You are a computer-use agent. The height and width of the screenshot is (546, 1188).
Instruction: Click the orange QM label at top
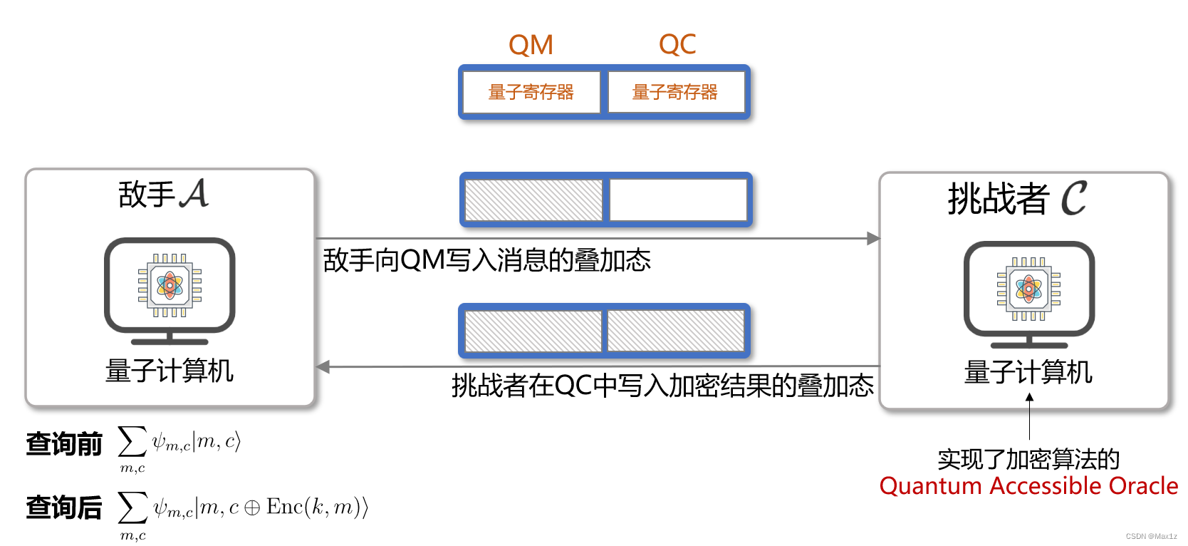[x=531, y=45]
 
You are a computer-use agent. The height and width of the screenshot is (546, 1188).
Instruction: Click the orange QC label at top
[x=677, y=45]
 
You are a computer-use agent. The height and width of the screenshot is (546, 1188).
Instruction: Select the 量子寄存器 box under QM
[x=531, y=93]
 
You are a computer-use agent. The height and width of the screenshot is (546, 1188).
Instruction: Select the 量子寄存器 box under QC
[x=675, y=93]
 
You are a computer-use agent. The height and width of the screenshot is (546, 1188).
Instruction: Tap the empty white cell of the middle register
[x=677, y=200]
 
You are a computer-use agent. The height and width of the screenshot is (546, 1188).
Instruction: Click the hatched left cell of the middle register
[x=533, y=200]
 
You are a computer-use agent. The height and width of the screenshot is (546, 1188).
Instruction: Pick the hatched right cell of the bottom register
[x=675, y=331]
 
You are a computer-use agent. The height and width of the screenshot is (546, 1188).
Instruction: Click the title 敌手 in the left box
[x=146, y=195]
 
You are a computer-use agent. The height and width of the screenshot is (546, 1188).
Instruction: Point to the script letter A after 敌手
[x=194, y=194]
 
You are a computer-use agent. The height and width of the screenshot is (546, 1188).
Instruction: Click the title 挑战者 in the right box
[x=998, y=199]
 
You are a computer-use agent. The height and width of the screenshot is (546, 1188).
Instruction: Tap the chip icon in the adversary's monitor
[x=170, y=285]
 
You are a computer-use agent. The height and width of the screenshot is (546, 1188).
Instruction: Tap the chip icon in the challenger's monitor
[x=1028, y=289]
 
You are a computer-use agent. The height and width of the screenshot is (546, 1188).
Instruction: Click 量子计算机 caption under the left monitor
[x=170, y=371]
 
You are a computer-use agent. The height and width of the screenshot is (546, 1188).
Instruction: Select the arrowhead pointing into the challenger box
[x=873, y=239]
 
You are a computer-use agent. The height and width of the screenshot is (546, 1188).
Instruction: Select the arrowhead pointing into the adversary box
[x=323, y=367]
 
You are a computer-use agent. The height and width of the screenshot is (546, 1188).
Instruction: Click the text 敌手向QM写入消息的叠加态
[x=486, y=260]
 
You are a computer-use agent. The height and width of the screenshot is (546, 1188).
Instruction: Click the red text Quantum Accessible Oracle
[x=1028, y=486]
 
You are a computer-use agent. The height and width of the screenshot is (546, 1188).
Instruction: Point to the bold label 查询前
[x=64, y=444]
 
